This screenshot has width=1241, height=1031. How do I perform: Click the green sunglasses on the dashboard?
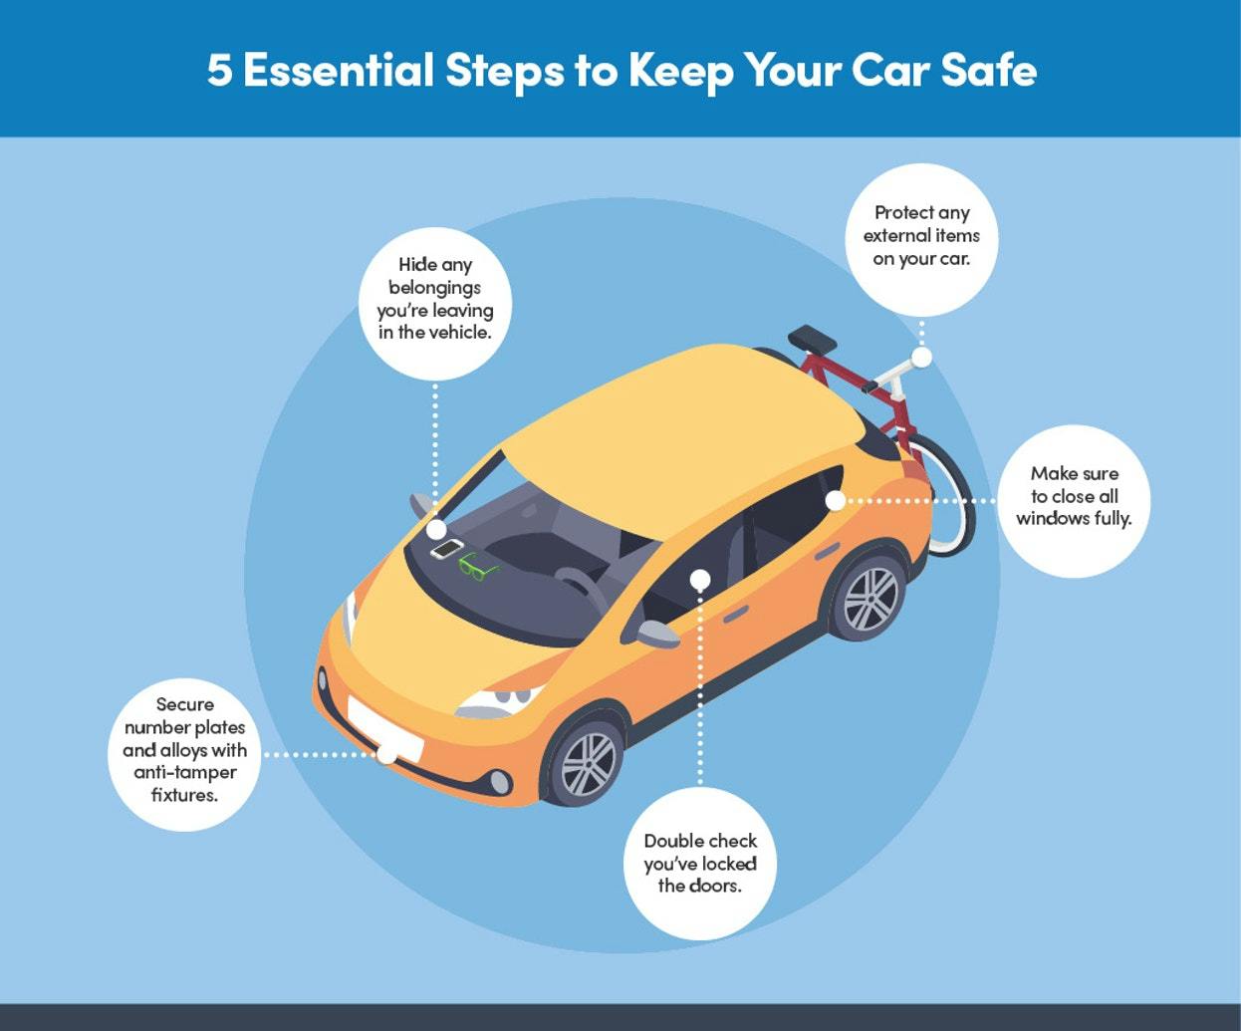pyautogui.click(x=477, y=566)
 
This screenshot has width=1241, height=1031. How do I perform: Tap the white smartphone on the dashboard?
pyautogui.click(x=446, y=548)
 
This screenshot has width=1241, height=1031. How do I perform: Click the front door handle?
pyautogui.click(x=736, y=615)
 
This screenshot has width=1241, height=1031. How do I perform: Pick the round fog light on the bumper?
pyautogui.click(x=500, y=781)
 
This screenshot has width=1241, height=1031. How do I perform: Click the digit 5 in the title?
pyautogui.click(x=219, y=70)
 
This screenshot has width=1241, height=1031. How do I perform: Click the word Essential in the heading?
pyautogui.click(x=339, y=70)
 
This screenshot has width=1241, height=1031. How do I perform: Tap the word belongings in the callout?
pyautogui.click(x=434, y=288)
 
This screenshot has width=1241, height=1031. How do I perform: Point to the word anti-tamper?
pyautogui.click(x=185, y=773)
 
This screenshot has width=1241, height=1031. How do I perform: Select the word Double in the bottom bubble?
pyautogui.click(x=671, y=841)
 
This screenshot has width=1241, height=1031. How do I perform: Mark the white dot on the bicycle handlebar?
pyautogui.click(x=922, y=358)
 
